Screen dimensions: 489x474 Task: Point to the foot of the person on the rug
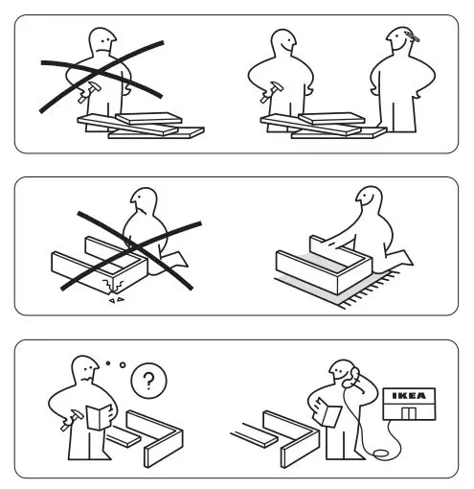[x=404, y=256]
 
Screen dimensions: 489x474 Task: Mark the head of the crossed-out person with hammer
[x=101, y=43]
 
